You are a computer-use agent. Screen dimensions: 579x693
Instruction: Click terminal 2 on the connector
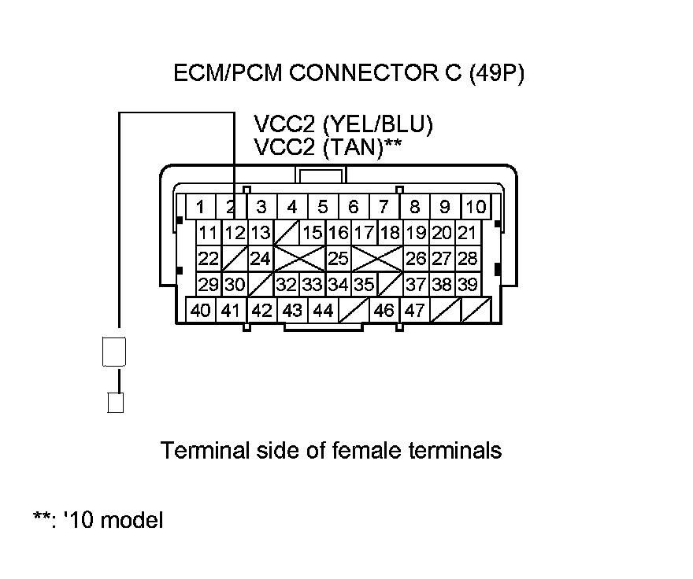[x=231, y=207]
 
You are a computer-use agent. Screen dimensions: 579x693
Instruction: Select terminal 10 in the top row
[x=476, y=207]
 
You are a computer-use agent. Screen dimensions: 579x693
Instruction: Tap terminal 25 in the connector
[x=338, y=258]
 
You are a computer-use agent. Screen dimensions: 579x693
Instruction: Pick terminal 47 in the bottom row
[x=414, y=310]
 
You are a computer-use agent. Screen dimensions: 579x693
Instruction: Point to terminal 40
[x=201, y=310]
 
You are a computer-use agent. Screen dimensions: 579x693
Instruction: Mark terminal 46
[x=384, y=310]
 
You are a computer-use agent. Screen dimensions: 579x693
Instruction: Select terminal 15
[x=313, y=233]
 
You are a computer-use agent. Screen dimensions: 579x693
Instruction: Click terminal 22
[x=208, y=258]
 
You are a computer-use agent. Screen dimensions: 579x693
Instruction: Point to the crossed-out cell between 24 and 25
[x=299, y=258]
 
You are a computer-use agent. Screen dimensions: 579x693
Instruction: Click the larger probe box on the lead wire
[x=115, y=352]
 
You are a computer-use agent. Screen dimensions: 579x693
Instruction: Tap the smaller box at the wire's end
[x=115, y=403]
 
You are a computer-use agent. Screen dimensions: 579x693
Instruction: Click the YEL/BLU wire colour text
[x=377, y=125]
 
